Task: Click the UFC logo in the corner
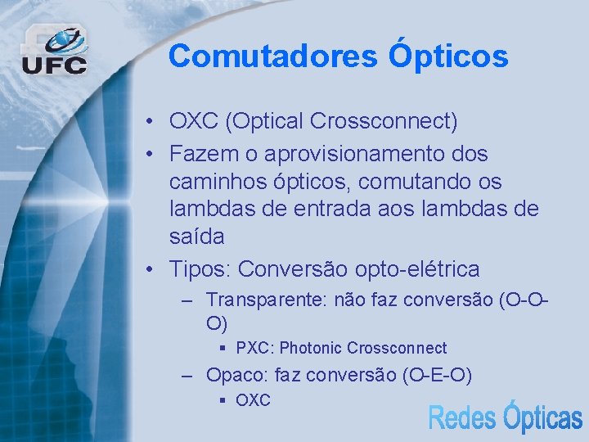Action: pos(54,51)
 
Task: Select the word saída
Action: pos(196,237)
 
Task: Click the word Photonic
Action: pos(310,348)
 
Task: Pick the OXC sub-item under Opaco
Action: pos(252,400)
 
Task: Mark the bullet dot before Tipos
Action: pos(151,268)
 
